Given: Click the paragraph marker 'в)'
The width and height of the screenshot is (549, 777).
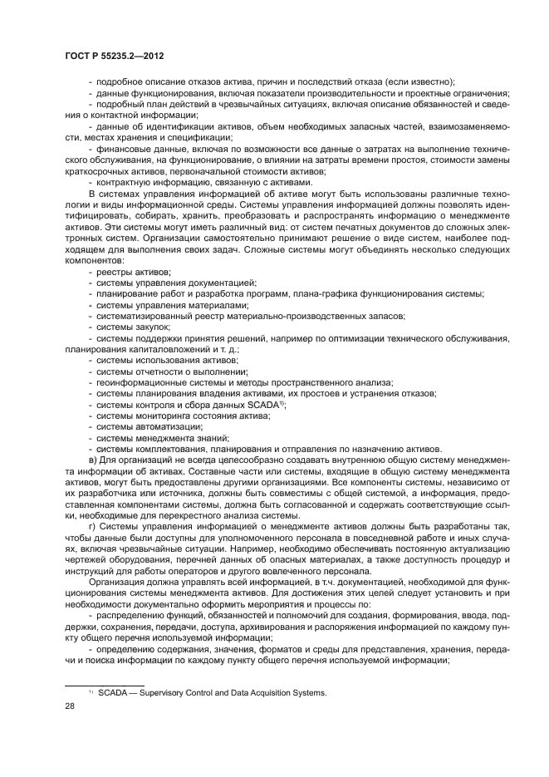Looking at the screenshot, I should pyautogui.click(x=93, y=460).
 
